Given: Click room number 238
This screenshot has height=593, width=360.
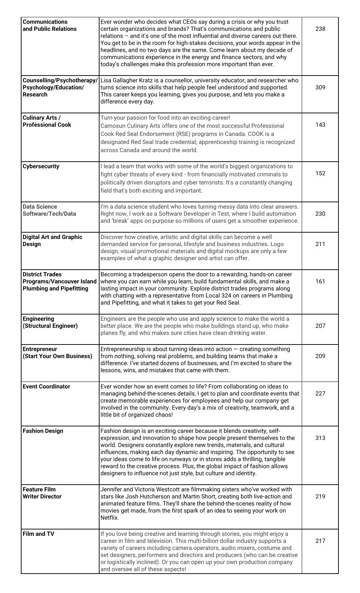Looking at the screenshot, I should [x=320, y=29].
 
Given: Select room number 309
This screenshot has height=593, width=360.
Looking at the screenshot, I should [x=320, y=88].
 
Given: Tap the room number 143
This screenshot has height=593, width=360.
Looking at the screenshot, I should [x=320, y=125].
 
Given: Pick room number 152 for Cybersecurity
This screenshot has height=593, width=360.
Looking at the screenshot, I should [x=320, y=174].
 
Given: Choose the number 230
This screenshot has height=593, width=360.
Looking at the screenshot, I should [x=320, y=214].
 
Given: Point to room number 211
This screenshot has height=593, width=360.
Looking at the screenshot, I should [x=320, y=244].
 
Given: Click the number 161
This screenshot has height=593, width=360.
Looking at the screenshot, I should [x=320, y=282].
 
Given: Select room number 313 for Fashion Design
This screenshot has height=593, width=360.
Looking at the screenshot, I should [x=320, y=438].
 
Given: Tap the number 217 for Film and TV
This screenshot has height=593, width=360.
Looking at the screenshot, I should [x=320, y=541].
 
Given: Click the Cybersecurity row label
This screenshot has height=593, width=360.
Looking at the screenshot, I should [x=41, y=167].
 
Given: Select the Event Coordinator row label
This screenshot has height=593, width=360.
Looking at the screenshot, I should [x=46, y=387].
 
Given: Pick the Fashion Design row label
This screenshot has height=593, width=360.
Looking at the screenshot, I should [x=43, y=431].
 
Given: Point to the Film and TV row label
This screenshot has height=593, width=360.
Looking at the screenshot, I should [x=38, y=534].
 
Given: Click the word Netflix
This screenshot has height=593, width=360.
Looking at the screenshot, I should [x=109, y=518].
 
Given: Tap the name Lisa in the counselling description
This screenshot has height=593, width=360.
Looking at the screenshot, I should [x=106, y=80].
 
